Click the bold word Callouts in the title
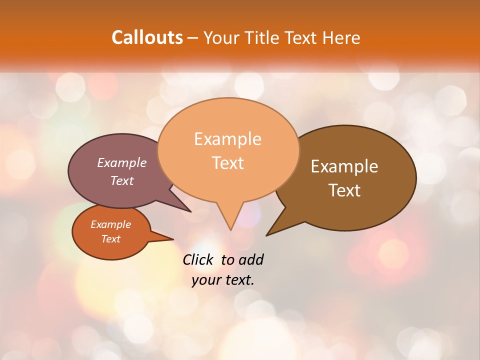[147, 37]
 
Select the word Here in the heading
[340, 37]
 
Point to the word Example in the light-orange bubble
[227, 139]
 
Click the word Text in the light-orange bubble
[227, 163]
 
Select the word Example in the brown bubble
[344, 166]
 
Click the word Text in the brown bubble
[344, 190]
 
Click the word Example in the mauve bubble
[122, 163]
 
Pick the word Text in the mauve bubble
[122, 181]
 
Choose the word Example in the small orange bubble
[110, 224]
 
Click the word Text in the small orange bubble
[110, 239]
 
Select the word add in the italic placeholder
[251, 259]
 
